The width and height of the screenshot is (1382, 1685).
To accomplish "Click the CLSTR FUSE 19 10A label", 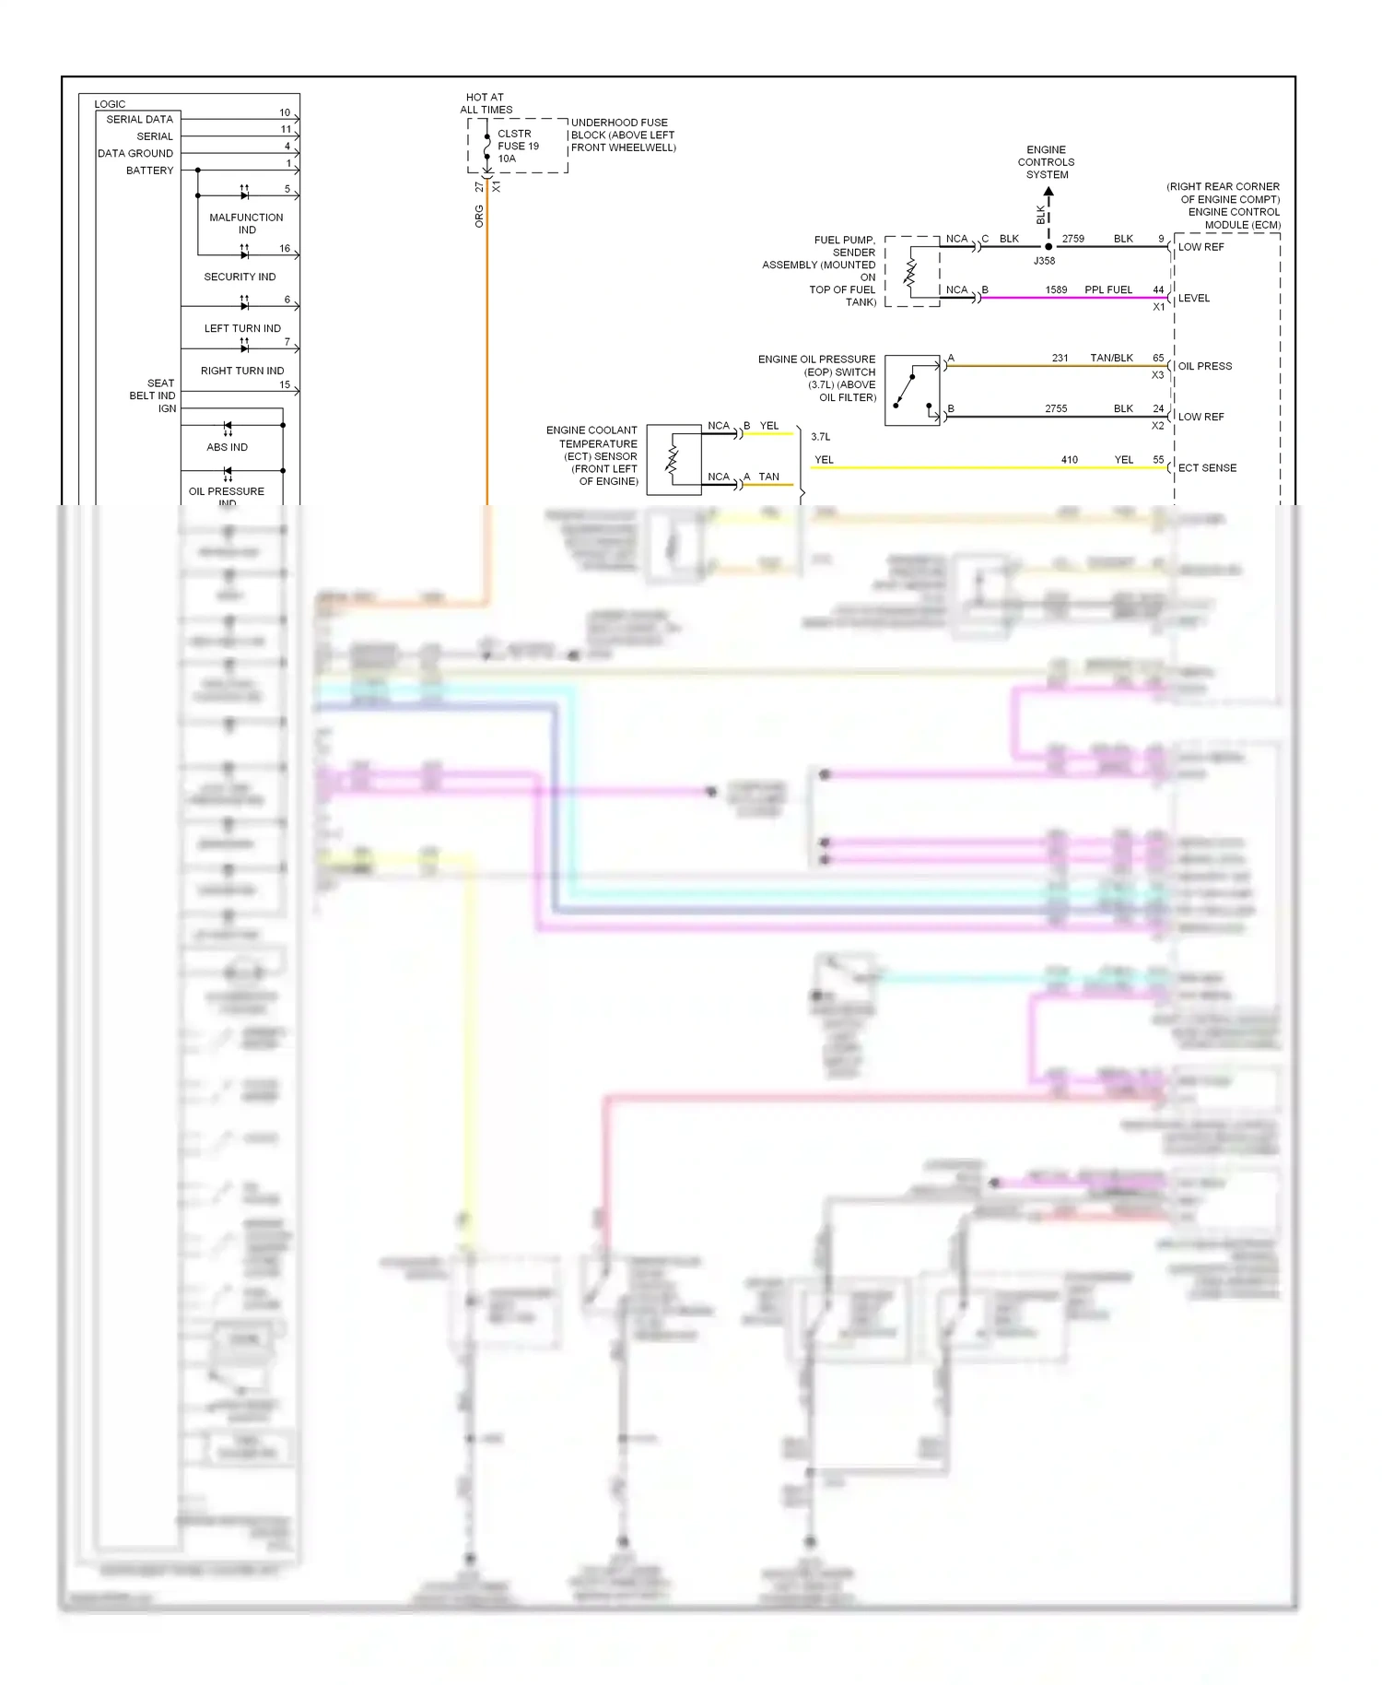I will pos(518,146).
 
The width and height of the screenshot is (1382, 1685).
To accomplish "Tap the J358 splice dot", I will pos(1048,247).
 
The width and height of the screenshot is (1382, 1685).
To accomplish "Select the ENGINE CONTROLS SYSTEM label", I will pos(1047,162).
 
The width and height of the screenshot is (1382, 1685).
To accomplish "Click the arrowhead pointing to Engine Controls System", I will pos(1048,193).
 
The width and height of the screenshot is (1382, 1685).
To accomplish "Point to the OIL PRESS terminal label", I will pos(1204,366).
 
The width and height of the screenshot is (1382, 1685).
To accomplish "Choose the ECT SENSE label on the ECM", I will pos(1207,468).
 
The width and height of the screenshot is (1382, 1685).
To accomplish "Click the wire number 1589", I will pos(1056,289).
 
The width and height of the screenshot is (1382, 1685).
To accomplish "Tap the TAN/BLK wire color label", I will pos(1111,358).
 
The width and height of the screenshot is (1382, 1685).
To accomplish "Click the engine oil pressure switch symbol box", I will pos(912,390).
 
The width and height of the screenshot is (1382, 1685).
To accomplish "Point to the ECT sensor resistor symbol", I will pos(673,460).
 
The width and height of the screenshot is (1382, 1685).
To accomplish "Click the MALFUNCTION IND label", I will pos(246,224).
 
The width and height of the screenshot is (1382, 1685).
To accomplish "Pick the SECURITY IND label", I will pos(240,277).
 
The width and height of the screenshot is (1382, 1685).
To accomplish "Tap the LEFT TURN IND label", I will pos(242,328).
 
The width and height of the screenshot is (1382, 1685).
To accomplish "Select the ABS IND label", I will pos(227,447).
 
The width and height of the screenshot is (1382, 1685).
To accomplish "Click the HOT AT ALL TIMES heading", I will pos(486,103).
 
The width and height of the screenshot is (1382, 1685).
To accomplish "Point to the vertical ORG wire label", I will pos(479,217).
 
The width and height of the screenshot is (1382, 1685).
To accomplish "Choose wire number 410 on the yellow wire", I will pos(1069,459).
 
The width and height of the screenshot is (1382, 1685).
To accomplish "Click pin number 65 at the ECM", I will pos(1158,358).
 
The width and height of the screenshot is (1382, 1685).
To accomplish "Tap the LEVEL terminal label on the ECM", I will pos(1193,299).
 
